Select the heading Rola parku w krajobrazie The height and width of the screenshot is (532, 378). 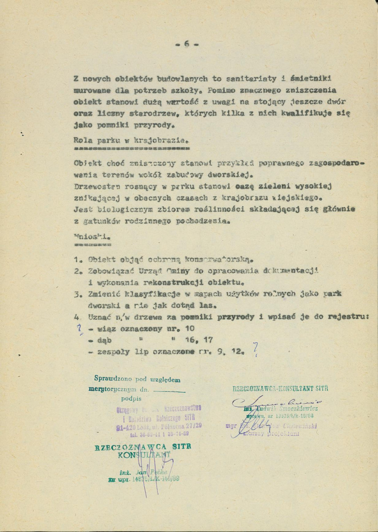pyautogui.click(x=131, y=140)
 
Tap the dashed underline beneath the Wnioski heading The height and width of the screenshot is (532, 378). pyautogui.click(x=93, y=244)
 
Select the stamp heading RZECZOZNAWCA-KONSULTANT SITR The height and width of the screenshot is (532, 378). pyautogui.click(x=280, y=388)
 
